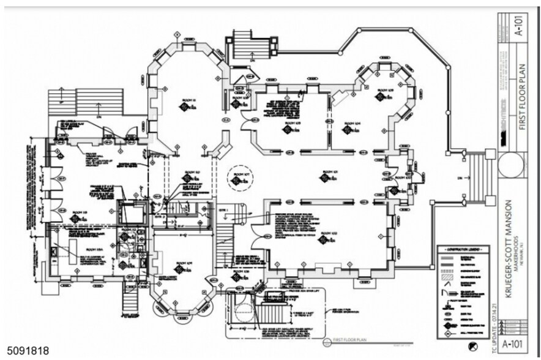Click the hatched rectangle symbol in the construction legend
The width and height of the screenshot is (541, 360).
(447, 276)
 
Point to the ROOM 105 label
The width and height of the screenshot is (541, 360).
(289, 124)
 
